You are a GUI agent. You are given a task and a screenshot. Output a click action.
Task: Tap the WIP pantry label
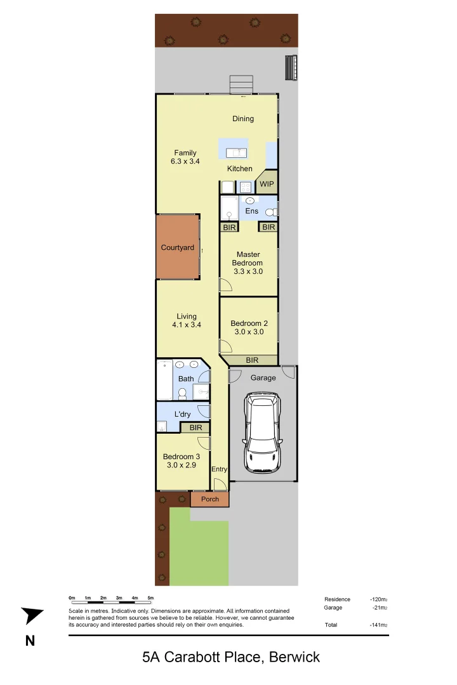[x=265, y=185]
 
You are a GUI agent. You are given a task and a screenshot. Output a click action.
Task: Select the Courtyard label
[x=177, y=247]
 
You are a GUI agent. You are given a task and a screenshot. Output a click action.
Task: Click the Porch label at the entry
[x=209, y=499]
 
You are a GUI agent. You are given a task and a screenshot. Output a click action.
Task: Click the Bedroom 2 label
[x=249, y=323]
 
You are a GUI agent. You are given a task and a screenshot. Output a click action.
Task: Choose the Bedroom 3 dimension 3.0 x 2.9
[x=182, y=466]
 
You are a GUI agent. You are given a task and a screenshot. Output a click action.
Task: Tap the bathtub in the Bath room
[x=165, y=380]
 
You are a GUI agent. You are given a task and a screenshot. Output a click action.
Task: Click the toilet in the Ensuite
[x=271, y=212]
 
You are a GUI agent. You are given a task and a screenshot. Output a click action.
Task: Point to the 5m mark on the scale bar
[x=150, y=598]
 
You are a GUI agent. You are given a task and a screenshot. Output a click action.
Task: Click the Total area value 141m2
[x=378, y=625]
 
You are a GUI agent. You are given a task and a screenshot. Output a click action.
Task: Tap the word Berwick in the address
[x=295, y=657]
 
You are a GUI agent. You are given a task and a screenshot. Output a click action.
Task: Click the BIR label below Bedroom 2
[x=252, y=360]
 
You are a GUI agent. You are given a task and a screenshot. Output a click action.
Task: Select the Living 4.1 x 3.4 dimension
[x=186, y=325]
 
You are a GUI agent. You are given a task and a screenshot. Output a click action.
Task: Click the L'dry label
[x=182, y=414]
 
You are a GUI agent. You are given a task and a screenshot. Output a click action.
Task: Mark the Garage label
[x=263, y=377]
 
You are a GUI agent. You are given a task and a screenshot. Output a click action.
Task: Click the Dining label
[x=242, y=119]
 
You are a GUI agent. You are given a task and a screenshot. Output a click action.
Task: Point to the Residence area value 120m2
[x=378, y=599]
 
